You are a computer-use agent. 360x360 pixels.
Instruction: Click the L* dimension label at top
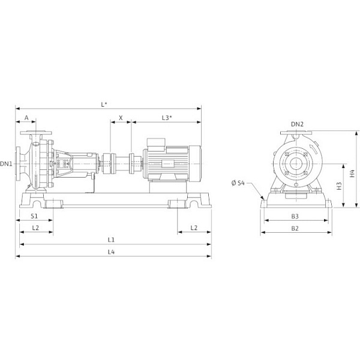coord(104,104)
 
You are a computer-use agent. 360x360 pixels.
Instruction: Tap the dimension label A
coord(26,118)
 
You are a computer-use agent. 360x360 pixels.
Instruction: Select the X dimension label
coord(121,118)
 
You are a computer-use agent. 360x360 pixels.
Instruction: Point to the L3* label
coord(167,118)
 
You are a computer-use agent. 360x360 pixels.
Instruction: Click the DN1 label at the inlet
coord(6,164)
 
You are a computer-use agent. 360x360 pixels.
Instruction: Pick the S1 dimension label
coord(34,216)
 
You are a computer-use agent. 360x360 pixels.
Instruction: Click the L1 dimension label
coord(112,239)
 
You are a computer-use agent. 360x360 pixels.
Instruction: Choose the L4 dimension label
coord(112,252)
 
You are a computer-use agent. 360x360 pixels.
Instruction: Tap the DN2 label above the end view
coord(298,124)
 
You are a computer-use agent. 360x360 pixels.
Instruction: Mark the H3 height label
coord(339,186)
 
